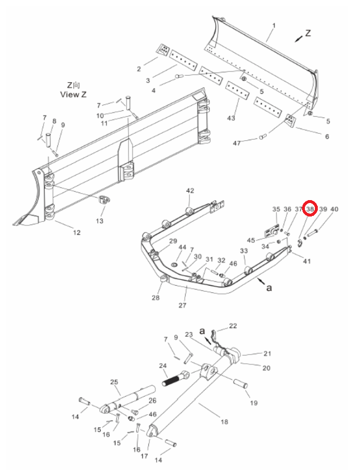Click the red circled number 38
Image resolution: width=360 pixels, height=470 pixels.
(310, 209)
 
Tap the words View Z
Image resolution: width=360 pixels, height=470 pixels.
(73, 94)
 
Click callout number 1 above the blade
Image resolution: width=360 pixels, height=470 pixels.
(273, 26)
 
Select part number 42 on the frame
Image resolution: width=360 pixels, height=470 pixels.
(190, 191)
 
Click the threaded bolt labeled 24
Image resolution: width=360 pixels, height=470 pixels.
(175, 378)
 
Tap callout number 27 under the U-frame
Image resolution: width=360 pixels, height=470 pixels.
(182, 305)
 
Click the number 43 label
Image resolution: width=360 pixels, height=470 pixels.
(231, 118)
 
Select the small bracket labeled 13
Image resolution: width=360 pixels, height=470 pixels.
(103, 200)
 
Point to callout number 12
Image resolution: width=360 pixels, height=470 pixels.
(77, 232)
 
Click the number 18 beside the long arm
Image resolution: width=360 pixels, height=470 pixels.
(224, 422)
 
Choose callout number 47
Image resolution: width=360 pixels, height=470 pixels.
(237, 143)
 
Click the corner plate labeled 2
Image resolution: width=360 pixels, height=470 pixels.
(163, 50)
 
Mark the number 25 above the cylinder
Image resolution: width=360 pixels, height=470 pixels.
(114, 382)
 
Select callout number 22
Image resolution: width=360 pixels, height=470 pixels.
(233, 326)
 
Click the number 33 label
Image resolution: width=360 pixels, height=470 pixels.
(244, 251)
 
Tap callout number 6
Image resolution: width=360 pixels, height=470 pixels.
(327, 137)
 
